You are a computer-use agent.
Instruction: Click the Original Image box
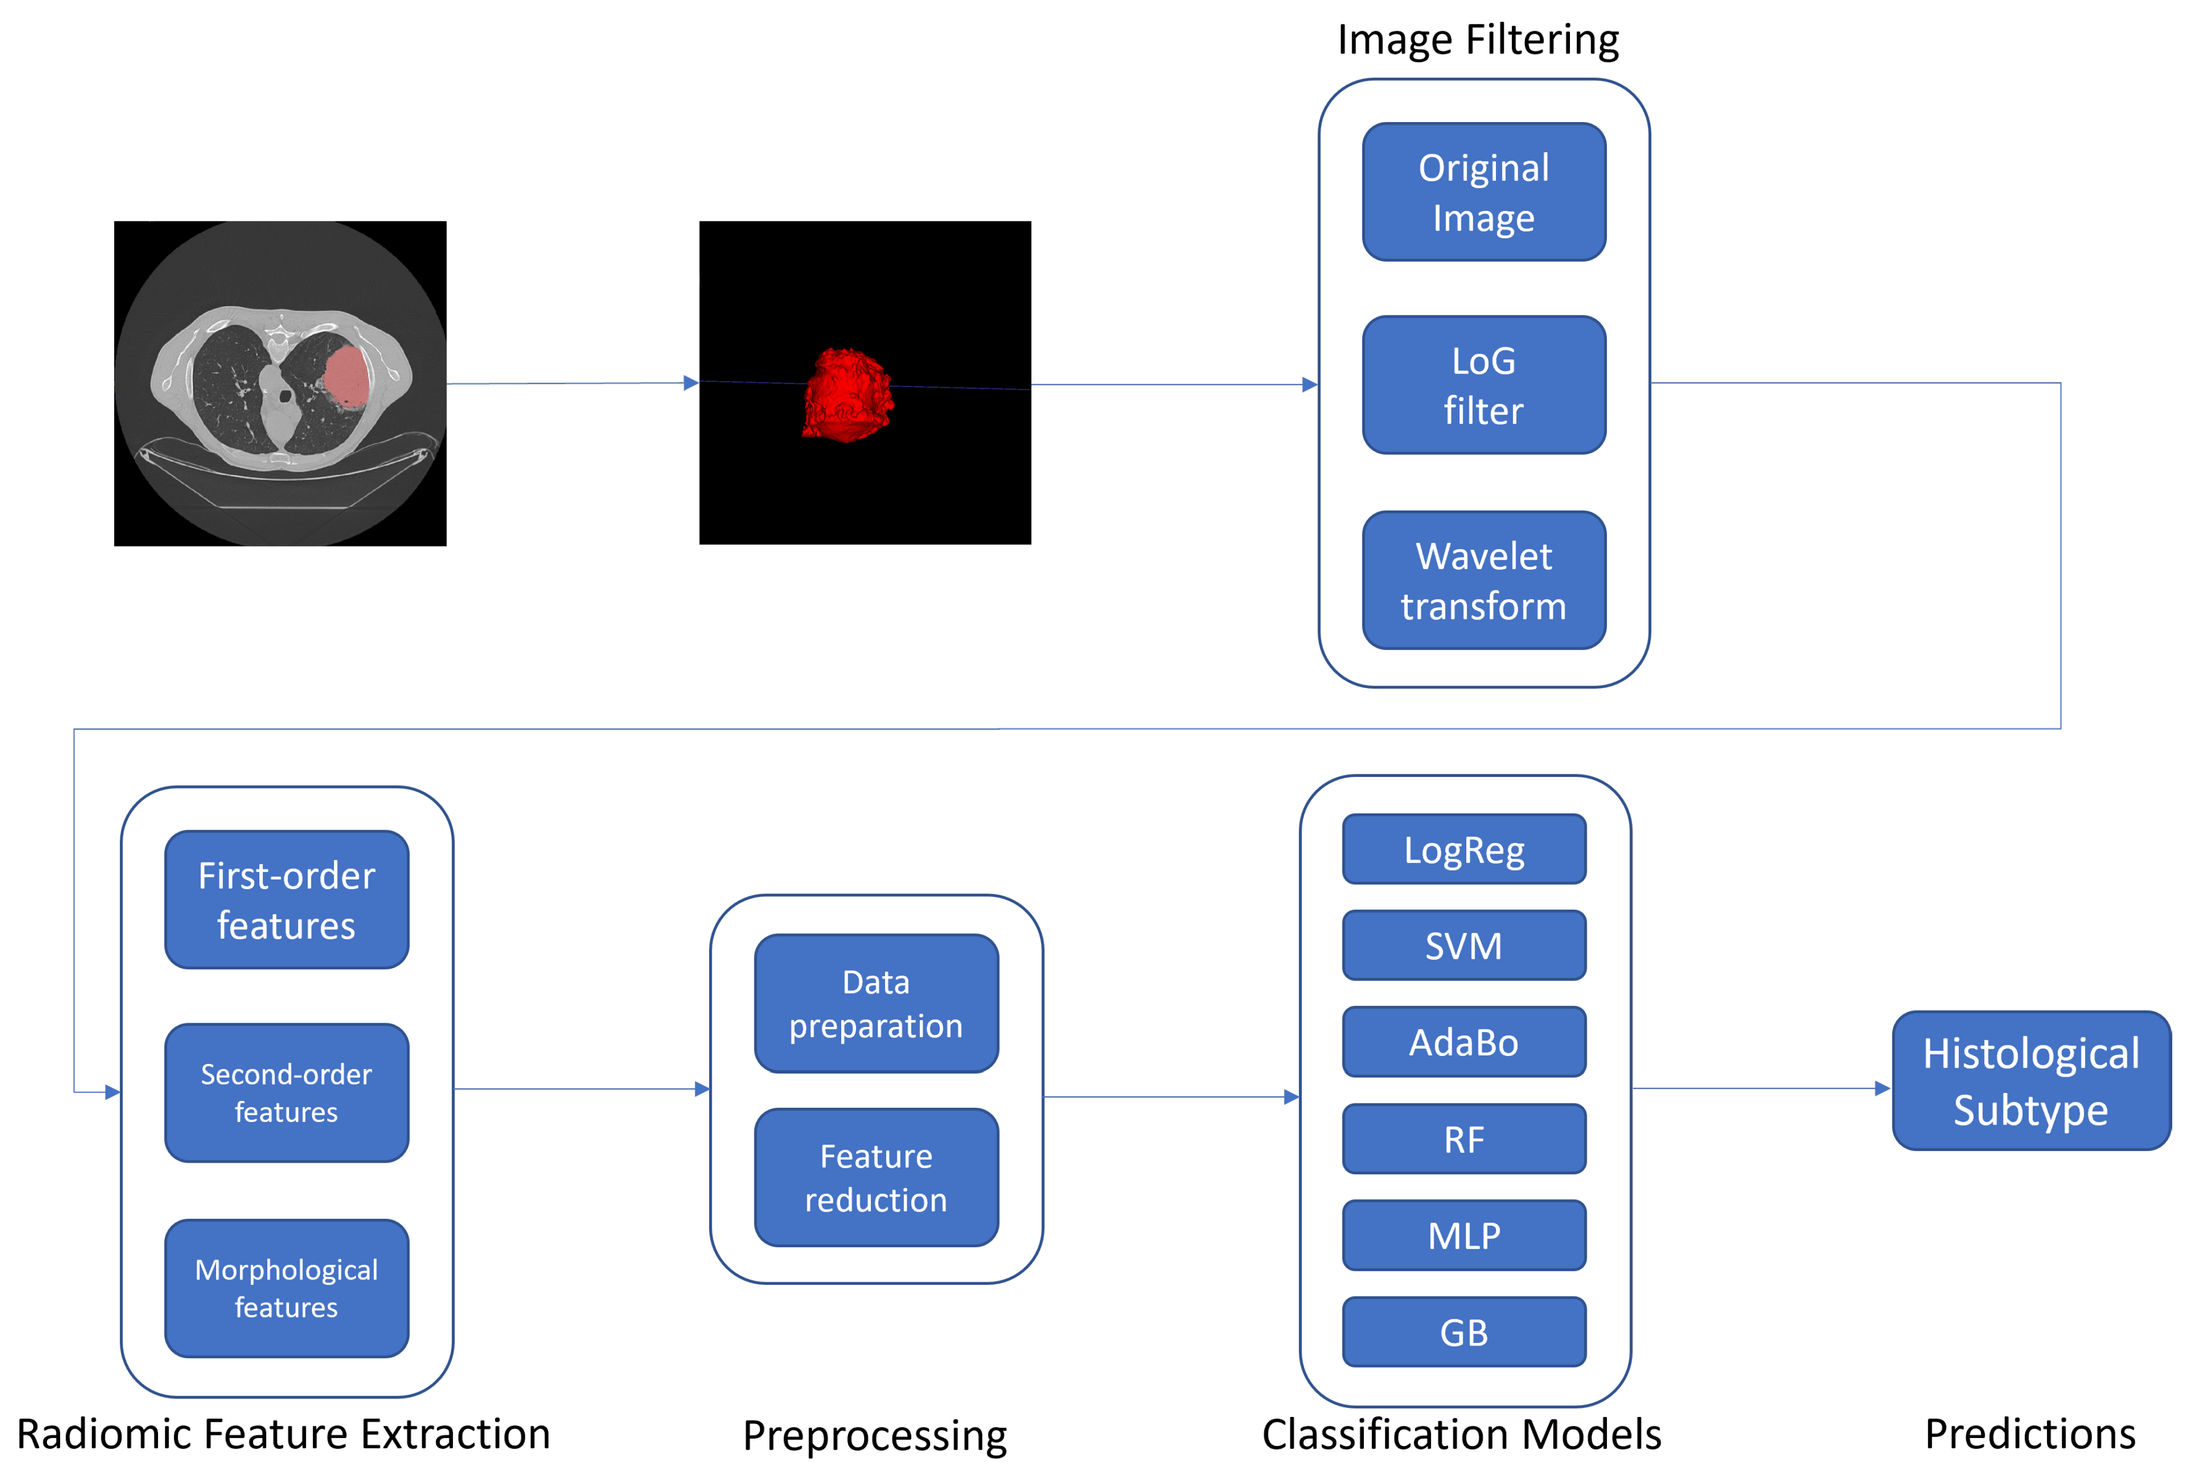(x=1483, y=192)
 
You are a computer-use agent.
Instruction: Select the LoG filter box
(x=1483, y=385)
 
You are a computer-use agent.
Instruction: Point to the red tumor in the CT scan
(x=346, y=375)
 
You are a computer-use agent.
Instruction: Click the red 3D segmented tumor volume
(x=847, y=395)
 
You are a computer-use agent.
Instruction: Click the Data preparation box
(x=876, y=1003)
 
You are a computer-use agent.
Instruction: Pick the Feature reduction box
(x=876, y=1177)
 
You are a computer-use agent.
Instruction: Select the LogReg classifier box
(x=1464, y=850)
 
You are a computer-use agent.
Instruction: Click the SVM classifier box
(x=1464, y=946)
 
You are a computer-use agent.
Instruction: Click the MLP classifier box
(x=1464, y=1236)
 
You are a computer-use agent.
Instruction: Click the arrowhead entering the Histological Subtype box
(x=1882, y=1089)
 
